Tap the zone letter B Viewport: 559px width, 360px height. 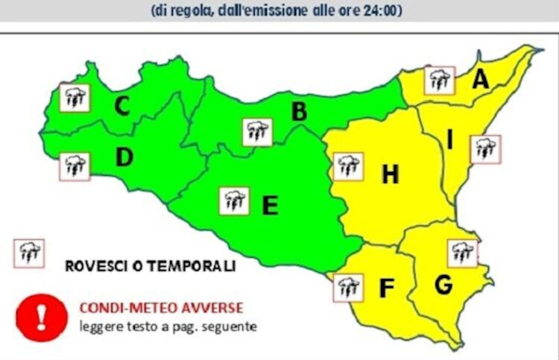[x=299, y=113]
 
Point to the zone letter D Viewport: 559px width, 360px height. [x=124, y=157]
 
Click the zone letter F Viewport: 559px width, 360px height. [x=386, y=288]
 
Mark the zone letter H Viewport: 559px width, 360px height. [x=390, y=175]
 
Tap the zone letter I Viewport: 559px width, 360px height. [x=449, y=140]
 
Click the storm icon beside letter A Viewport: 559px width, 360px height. [x=438, y=80]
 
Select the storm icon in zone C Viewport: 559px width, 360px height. [x=74, y=97]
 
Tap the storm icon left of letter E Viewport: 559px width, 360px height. [x=234, y=200]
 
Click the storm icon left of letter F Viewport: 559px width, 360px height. [x=347, y=287]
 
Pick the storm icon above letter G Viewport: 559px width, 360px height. [x=462, y=253]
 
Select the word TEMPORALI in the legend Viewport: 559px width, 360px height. [x=191, y=266]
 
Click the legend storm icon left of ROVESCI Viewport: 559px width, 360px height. [x=29, y=253]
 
